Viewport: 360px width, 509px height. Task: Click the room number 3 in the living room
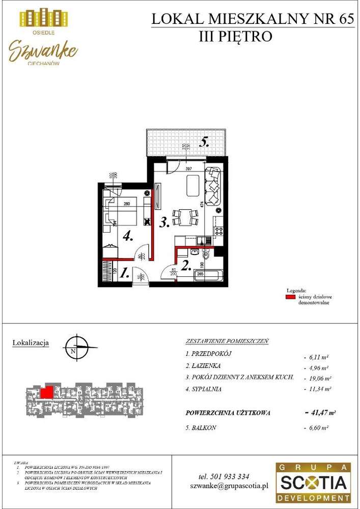click(x=163, y=222)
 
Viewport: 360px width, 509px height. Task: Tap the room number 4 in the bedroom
click(x=127, y=236)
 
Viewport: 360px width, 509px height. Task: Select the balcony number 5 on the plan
click(x=204, y=143)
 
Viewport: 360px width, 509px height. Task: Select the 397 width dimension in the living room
click(x=188, y=168)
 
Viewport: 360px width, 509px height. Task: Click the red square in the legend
click(x=290, y=297)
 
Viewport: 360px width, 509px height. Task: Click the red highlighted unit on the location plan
click(x=46, y=392)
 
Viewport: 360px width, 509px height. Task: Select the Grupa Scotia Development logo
click(x=313, y=483)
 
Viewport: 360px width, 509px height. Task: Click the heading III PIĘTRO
click(x=236, y=37)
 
